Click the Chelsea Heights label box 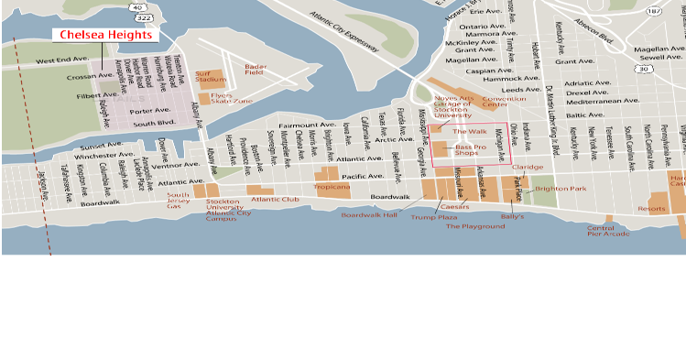[x=105, y=35]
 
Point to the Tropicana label [x=332, y=187]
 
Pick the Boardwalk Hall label [x=369, y=215]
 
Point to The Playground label [x=475, y=226]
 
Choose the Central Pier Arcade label [x=608, y=230]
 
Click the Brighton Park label [x=561, y=188]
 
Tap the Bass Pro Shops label [x=470, y=149]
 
